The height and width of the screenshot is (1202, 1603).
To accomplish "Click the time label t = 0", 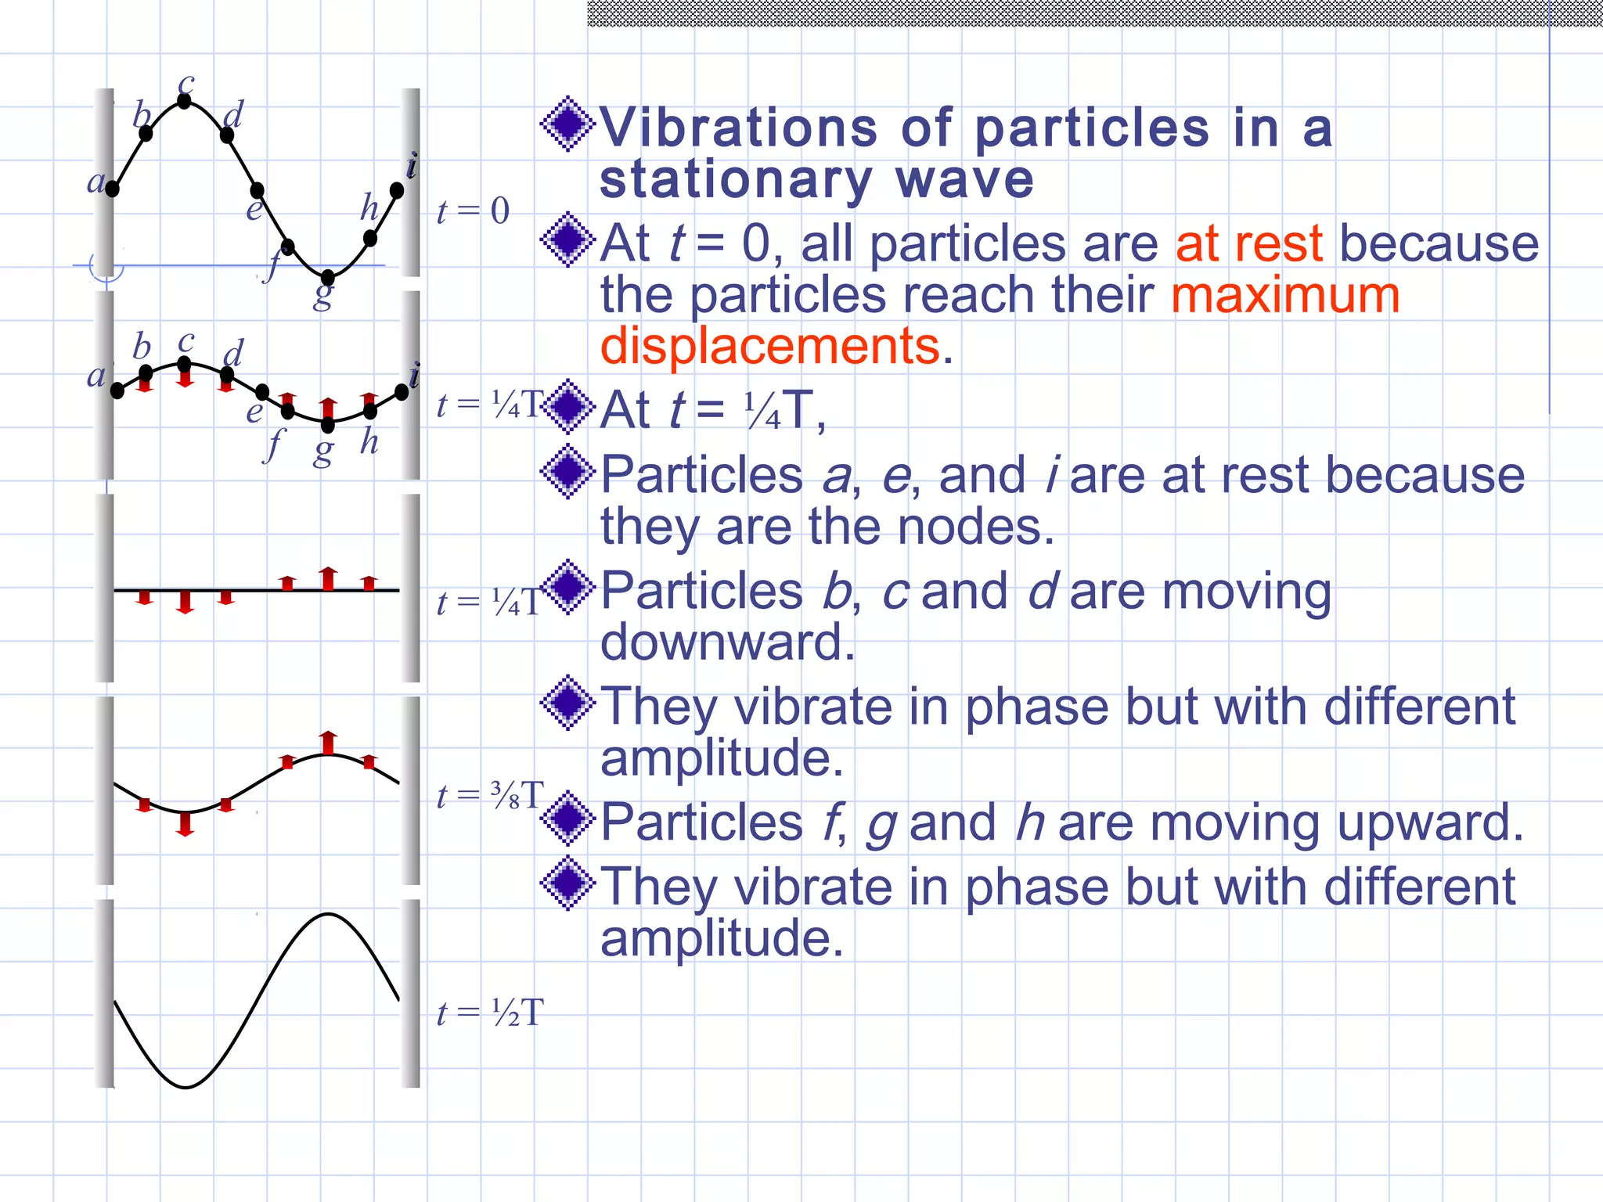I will [x=473, y=211].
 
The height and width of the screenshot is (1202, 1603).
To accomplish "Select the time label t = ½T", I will [x=489, y=1013].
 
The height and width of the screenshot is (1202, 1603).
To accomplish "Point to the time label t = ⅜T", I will [x=489, y=796].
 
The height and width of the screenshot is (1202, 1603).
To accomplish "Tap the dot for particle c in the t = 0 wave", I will [x=185, y=101].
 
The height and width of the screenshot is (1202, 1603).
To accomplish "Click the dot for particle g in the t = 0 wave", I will [x=328, y=277].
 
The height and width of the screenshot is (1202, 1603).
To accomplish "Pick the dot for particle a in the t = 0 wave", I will [x=113, y=189].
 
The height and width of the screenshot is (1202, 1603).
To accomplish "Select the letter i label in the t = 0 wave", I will [x=412, y=166].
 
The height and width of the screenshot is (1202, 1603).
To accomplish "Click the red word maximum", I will [x=1285, y=295].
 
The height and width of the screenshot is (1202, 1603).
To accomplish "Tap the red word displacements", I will [x=769, y=346].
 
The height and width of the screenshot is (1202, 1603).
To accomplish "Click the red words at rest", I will [x=1248, y=243].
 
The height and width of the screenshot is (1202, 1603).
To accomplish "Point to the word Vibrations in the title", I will [x=738, y=128].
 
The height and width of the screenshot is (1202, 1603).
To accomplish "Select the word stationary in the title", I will [x=736, y=180].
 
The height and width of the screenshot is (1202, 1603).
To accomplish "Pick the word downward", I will [x=726, y=642].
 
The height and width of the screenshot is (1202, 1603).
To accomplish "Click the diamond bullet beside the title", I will [x=567, y=124].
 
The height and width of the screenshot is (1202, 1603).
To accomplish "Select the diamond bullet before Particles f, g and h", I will [x=567, y=819].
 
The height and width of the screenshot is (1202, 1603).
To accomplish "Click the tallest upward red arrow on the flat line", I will [x=329, y=578].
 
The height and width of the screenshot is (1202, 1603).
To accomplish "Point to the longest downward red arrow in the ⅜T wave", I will [x=186, y=823].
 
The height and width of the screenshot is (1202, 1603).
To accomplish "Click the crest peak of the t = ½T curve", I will [x=328, y=914].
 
